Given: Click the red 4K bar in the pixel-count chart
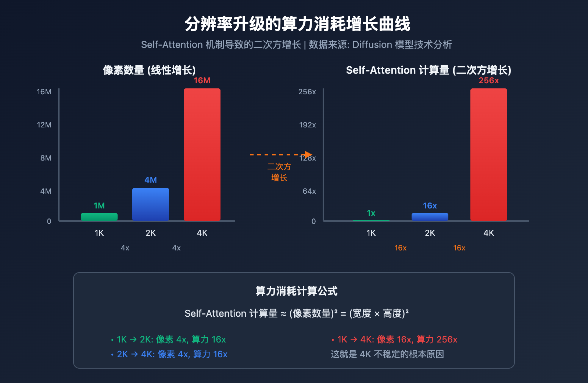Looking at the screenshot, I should (x=202, y=155).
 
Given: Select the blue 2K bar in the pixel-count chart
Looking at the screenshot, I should (x=151, y=204).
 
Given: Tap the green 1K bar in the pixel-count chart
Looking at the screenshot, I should (x=99, y=217).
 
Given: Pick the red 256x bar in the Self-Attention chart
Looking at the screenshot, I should (x=489, y=155).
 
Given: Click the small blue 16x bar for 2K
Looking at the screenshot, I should (x=430, y=217).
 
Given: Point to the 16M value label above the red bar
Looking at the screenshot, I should (x=202, y=81).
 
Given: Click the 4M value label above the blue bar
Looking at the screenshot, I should (x=151, y=180).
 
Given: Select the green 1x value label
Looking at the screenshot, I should (x=371, y=213).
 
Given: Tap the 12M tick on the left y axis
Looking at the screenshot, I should (x=44, y=125).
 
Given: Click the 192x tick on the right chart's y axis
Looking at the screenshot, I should (x=308, y=125).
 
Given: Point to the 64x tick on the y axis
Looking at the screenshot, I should (x=309, y=191).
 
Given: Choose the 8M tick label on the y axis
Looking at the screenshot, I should (x=46, y=158).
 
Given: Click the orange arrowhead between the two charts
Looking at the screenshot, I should (x=308, y=155).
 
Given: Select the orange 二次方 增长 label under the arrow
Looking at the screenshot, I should (x=279, y=172).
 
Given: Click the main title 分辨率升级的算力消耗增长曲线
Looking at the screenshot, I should (x=297, y=24).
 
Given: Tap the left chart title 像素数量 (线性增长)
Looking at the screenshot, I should (x=149, y=70).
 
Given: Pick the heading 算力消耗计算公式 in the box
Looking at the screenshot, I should (x=297, y=291).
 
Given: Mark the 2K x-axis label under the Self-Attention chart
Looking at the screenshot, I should (x=430, y=233).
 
